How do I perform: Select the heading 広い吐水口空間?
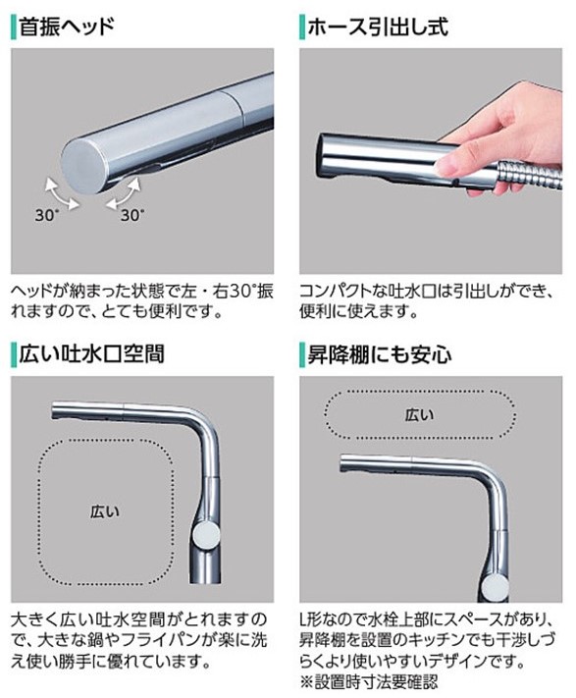(93, 352)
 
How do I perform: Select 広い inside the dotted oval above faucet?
(418, 414)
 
